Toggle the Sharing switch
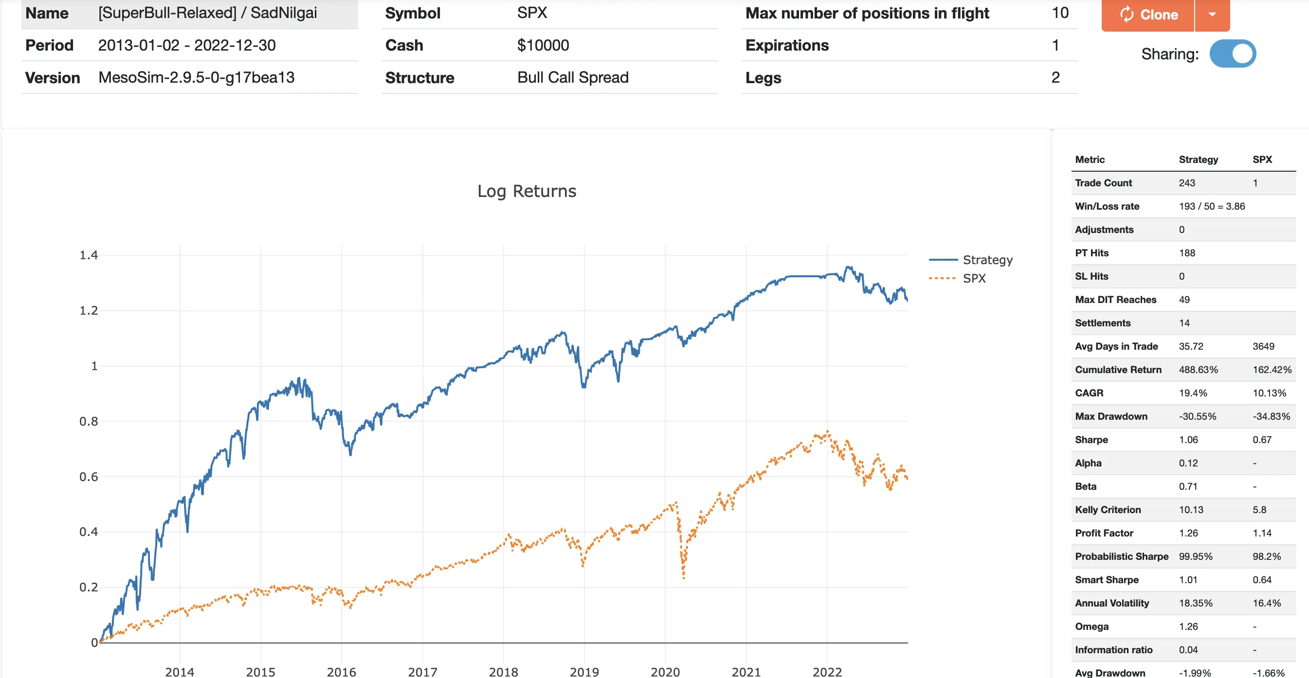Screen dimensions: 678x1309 tap(1232, 54)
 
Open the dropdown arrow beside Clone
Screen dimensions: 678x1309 tap(1213, 15)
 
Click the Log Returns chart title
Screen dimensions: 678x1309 tap(527, 191)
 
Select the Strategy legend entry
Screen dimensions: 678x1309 tap(987, 260)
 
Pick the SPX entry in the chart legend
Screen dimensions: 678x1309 tap(974, 278)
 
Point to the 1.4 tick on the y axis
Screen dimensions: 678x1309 tap(89, 255)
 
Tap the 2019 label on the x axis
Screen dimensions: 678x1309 tap(584, 671)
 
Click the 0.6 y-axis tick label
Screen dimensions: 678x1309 tap(89, 476)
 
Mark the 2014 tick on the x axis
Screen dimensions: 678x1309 tap(180, 671)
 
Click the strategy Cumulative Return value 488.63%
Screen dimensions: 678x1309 tap(1198, 370)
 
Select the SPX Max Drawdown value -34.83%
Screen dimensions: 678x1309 tap(1271, 416)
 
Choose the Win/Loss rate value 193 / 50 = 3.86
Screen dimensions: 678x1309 tap(1212, 206)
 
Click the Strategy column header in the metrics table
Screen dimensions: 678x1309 tap(1198, 160)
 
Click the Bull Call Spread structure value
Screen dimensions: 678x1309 tap(573, 77)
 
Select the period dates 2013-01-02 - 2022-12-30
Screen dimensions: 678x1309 tap(186, 45)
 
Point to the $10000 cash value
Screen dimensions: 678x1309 tap(543, 45)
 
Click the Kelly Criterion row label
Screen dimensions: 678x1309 tap(1108, 510)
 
